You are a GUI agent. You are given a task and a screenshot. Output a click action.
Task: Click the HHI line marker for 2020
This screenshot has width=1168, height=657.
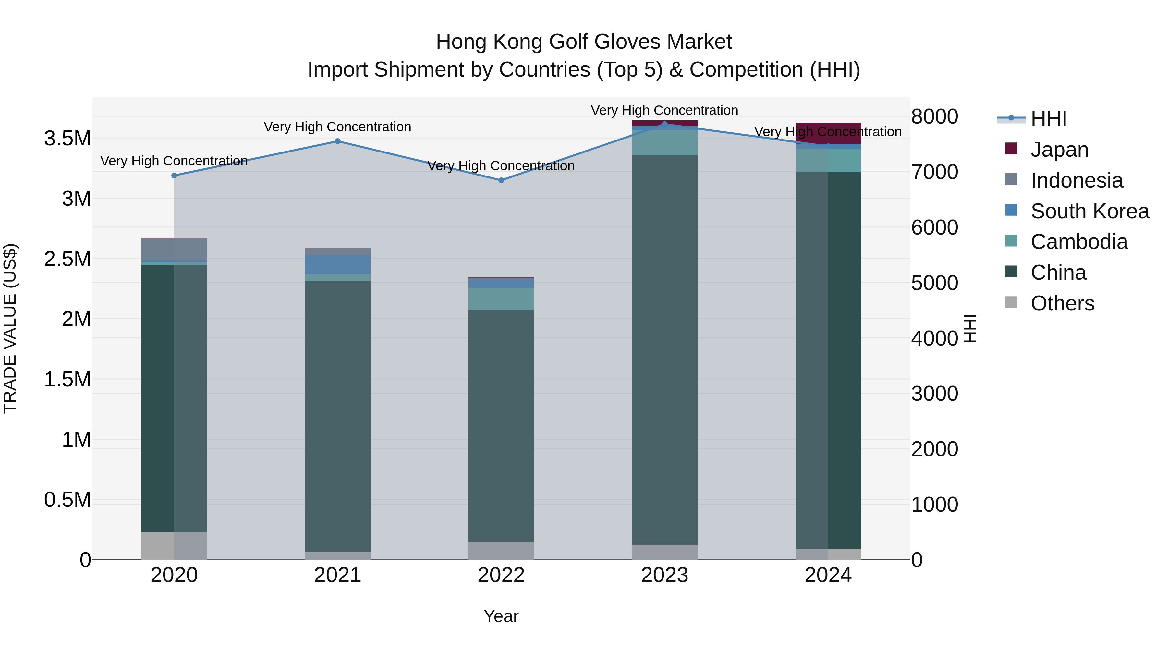[174, 176]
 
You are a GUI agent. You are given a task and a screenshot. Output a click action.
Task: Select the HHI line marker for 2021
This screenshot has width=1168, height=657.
[337, 141]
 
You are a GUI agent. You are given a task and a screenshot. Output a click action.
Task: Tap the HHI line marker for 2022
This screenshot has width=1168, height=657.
[501, 180]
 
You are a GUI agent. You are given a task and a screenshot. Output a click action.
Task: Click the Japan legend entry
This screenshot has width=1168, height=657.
[1059, 150]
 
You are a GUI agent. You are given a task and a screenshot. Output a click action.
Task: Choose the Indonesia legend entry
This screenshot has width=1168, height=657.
[1077, 180]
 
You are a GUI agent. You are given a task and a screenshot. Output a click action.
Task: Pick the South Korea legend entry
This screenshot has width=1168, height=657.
[1089, 211]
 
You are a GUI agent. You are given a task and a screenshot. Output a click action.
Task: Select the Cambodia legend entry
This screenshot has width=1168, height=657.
[1079, 242]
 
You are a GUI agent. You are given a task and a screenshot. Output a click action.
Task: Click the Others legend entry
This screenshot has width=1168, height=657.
[1062, 303]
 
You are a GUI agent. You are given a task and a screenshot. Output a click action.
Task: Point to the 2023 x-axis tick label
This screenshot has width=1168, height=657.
[664, 575]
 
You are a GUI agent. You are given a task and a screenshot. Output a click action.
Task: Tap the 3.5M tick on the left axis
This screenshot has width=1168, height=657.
[67, 138]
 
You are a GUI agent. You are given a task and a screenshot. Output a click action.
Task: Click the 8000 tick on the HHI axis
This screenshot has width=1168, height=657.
[934, 116]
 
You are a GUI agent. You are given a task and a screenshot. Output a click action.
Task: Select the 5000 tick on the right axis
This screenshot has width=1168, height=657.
[934, 283]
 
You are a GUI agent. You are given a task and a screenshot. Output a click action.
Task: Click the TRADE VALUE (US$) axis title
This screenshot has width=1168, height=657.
[10, 328]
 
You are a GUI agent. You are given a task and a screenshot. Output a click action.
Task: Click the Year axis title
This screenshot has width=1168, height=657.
[501, 616]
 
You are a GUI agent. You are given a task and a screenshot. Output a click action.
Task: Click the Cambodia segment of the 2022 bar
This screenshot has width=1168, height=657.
[501, 298]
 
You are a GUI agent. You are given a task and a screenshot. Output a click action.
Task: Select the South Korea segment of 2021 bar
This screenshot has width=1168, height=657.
[337, 264]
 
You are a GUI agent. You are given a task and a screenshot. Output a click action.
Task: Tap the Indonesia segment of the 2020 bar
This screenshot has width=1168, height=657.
[174, 249]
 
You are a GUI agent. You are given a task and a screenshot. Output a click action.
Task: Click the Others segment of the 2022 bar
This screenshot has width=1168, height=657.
[501, 551]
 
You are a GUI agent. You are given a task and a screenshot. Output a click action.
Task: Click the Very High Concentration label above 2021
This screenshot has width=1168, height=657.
[337, 127]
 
